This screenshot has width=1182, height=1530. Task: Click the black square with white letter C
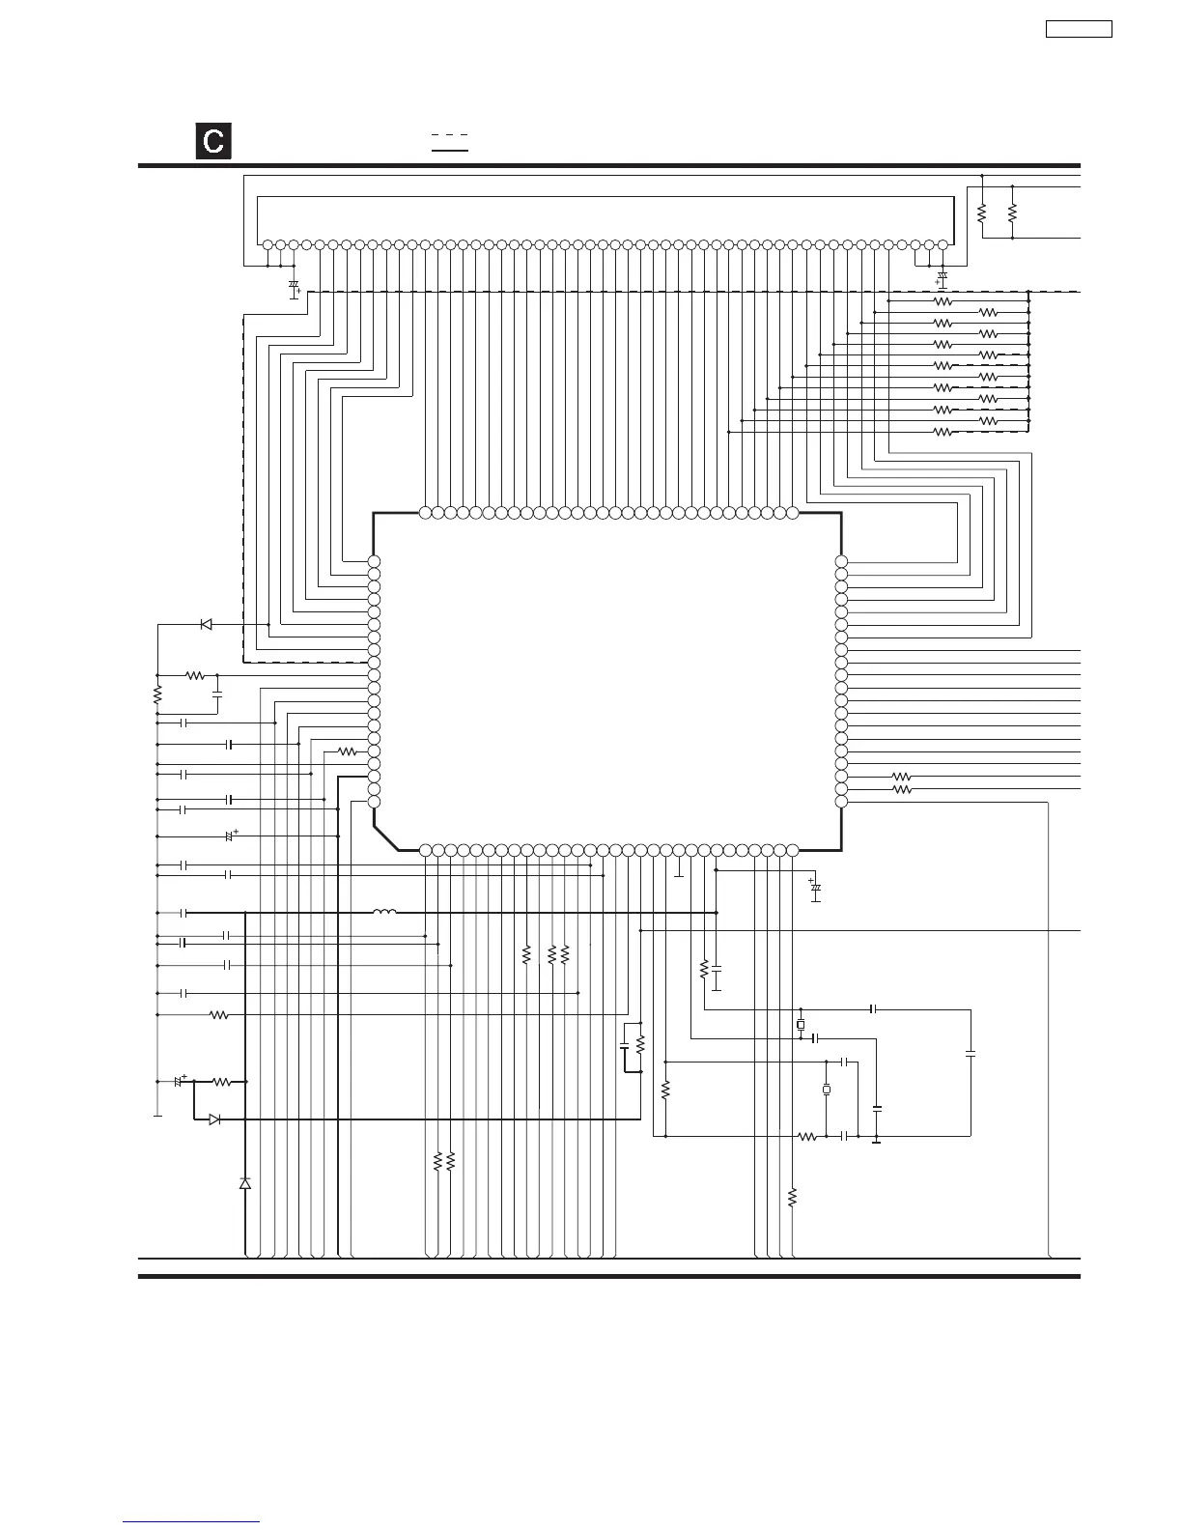point(213,141)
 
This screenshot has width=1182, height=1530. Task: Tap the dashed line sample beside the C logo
point(449,135)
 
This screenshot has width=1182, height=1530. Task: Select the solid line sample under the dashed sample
point(449,151)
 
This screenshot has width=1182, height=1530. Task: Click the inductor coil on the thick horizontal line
point(384,912)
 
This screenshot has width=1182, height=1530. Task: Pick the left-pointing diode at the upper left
point(206,624)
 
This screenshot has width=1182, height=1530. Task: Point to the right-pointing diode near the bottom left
point(214,1119)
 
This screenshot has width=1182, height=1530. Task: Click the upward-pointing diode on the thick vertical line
point(245,1183)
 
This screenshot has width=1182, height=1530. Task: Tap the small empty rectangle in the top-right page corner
point(1079,29)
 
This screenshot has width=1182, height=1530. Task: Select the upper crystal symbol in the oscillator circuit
point(801,1024)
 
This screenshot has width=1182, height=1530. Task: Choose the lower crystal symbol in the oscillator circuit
point(827,1090)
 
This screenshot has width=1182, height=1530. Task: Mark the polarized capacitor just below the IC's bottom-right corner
point(816,887)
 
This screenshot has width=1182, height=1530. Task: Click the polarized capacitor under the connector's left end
point(294,288)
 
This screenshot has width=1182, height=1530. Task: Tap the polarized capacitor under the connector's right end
point(943,279)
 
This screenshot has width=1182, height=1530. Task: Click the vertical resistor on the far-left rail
point(156,694)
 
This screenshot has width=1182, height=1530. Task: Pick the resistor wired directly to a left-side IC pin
point(347,751)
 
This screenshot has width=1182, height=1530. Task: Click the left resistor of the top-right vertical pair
point(981,212)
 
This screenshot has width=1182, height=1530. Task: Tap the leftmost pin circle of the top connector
point(267,245)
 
